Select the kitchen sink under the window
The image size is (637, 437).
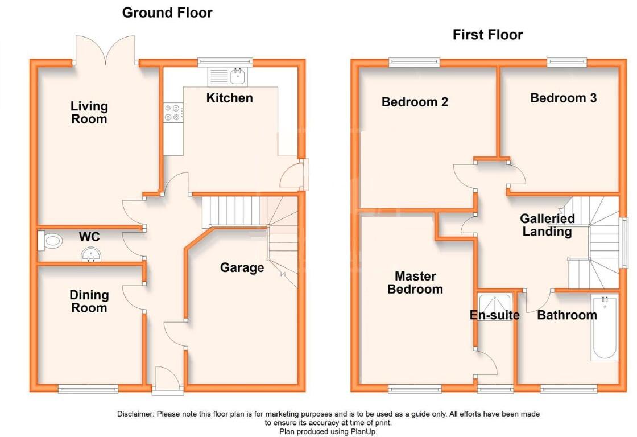pos(227,76)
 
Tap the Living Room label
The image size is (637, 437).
pos(89,113)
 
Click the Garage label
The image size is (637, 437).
pos(242,267)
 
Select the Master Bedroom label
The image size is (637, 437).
pos(415,283)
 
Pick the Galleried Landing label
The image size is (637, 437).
pos(547,225)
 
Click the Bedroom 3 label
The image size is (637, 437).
pos(563,98)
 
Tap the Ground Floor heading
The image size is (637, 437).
pos(167,13)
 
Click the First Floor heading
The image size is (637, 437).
pos(487,35)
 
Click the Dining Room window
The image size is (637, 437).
pos(88,389)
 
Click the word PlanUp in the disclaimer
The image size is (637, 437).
pos(363,432)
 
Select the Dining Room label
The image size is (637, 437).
pos(89,302)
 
